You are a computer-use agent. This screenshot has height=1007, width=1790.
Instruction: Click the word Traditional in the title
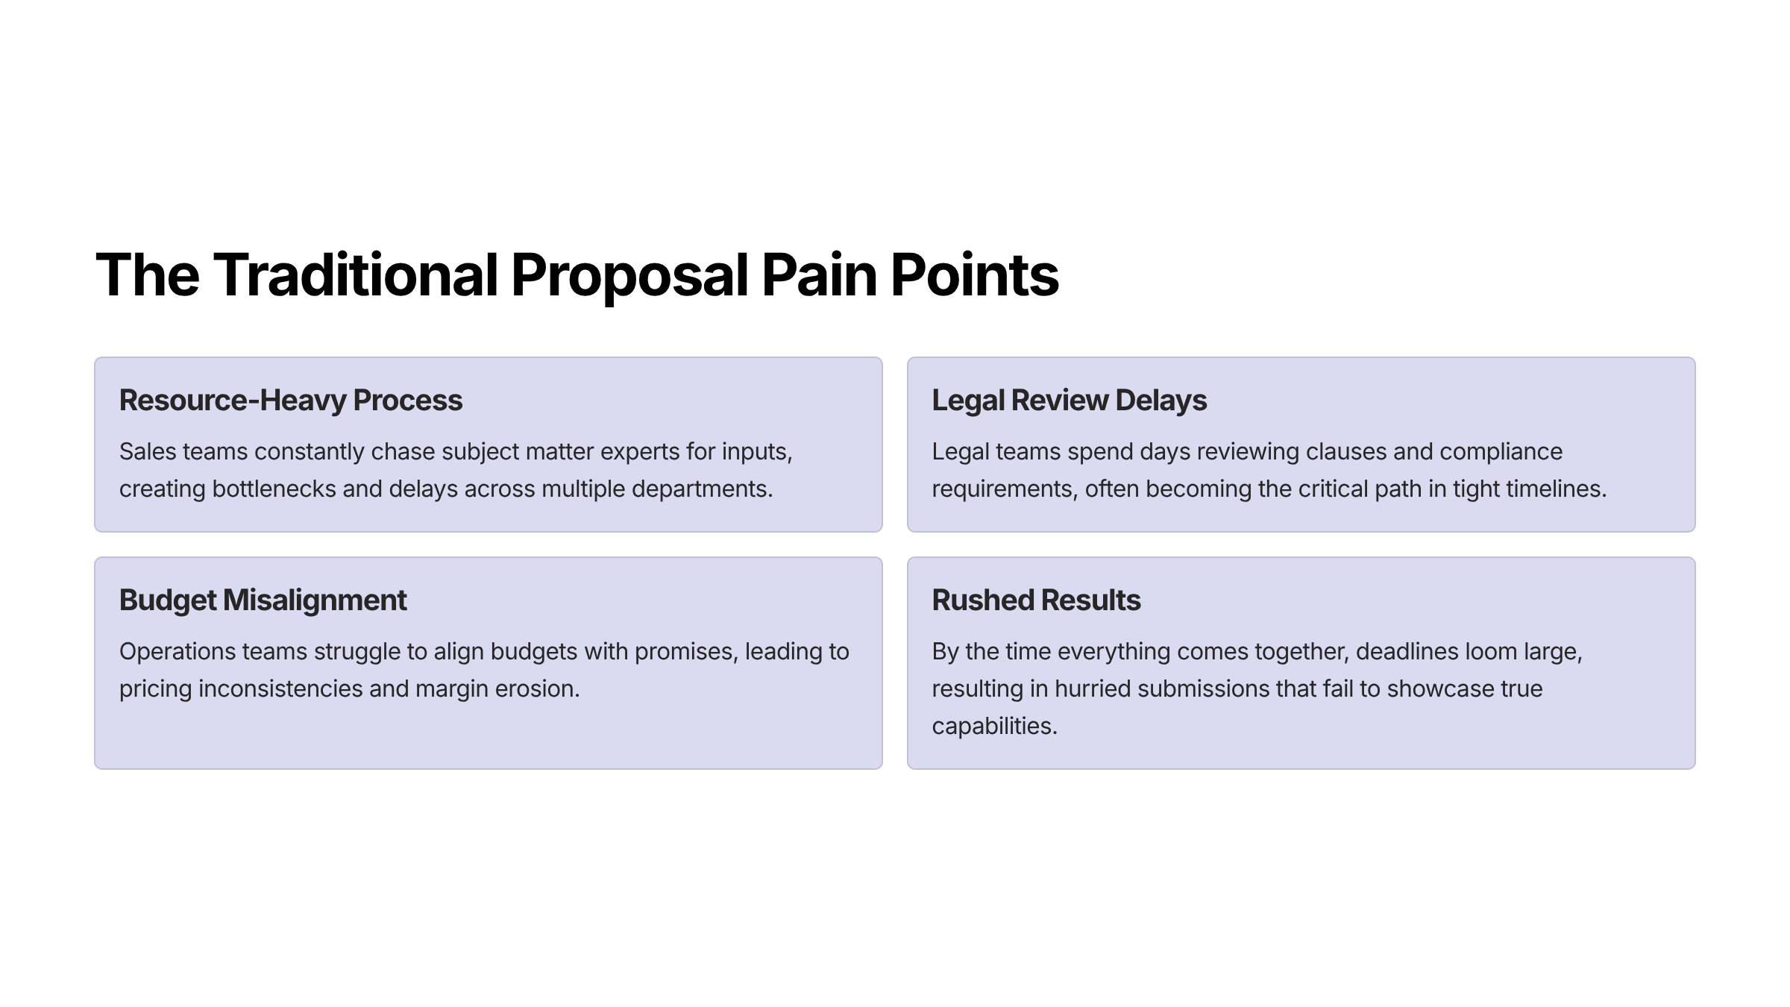coord(355,275)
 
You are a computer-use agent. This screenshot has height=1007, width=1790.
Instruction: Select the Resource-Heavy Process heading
coord(291,401)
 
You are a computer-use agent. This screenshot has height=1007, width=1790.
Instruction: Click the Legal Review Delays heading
coord(1069,401)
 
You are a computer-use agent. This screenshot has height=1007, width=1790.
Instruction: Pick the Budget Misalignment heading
coord(263,600)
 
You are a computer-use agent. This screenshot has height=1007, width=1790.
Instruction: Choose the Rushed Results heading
coord(1036,600)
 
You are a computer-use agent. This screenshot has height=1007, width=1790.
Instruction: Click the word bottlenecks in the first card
coord(274,489)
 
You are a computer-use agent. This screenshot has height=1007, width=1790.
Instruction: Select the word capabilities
coord(994,727)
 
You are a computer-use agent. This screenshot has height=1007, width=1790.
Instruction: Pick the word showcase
coord(1440,689)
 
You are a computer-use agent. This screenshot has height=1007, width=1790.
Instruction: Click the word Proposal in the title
coord(629,275)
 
